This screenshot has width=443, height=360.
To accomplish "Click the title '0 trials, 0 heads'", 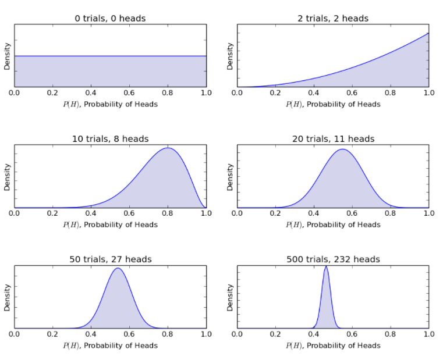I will click(110, 18).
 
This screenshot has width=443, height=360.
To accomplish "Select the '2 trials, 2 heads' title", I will click(333, 18).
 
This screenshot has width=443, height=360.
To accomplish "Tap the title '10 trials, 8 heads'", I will click(110, 138).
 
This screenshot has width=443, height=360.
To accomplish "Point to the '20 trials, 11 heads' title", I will click(333, 138).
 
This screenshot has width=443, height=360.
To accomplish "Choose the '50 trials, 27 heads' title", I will click(110, 259).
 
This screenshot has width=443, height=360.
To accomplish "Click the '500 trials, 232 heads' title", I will click(333, 259).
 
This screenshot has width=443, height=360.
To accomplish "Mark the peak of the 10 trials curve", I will click(168, 148).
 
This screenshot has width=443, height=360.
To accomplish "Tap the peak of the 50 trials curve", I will click(118, 268).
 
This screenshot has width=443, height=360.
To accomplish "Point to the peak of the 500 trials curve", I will click(326, 266).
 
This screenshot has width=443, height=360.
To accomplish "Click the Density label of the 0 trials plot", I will click(7, 56).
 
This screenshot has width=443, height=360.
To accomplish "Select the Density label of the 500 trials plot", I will click(230, 297).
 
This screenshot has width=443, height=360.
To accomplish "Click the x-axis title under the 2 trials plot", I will click(333, 104).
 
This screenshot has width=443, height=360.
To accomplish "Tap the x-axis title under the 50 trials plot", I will click(110, 345).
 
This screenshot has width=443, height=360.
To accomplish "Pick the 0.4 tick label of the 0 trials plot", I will click(91, 92).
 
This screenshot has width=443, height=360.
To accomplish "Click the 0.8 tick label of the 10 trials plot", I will click(168, 213).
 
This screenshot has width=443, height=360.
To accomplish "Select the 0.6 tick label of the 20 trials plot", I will click(352, 213).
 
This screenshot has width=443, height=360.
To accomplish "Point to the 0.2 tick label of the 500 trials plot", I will click(275, 334).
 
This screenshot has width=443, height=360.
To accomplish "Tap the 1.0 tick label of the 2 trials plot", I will click(428, 92).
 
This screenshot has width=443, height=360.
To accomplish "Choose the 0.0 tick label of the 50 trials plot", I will click(15, 334).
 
